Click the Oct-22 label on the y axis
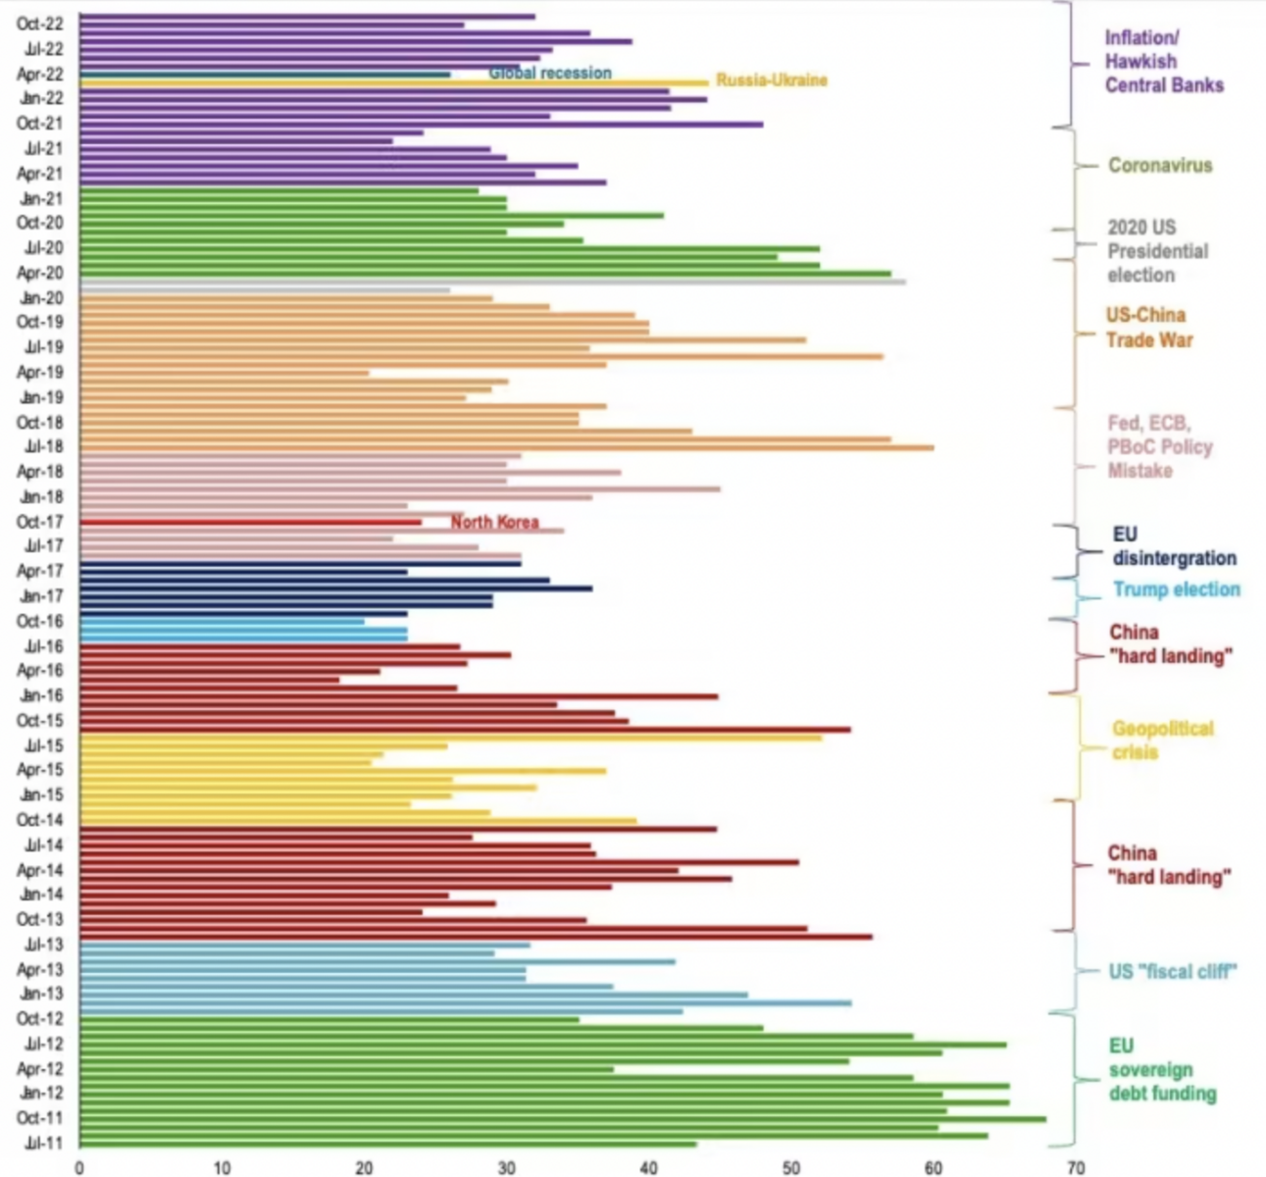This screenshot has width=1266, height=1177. coord(40,24)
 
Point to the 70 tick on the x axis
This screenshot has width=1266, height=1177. coord(1076,1167)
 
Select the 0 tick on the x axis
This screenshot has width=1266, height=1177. coord(79,1167)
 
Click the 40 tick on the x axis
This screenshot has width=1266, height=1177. coord(648,1167)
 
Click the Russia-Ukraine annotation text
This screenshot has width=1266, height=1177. coord(771,80)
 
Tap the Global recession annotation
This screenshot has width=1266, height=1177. coord(549,74)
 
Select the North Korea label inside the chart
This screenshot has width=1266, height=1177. coord(494,522)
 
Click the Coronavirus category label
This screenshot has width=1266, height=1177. coord(1160,166)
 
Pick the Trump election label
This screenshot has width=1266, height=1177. coord(1176,589)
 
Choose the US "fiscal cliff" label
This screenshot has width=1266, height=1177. coord(1172,971)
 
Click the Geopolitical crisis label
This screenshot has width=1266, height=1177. coord(1162,741)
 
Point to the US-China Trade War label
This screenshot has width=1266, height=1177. coord(1149,328)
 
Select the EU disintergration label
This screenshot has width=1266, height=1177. coord(1174,546)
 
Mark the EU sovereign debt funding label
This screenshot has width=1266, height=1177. coord(1162,1069)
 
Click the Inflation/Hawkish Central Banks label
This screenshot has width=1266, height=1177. coord(1163,62)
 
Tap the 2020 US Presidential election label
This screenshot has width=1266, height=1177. coord(1157,251)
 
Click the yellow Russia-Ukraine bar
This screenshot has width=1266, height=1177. coord(392,83)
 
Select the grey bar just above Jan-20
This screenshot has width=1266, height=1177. coord(490,282)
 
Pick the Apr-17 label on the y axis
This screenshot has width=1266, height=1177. coord(40,571)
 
